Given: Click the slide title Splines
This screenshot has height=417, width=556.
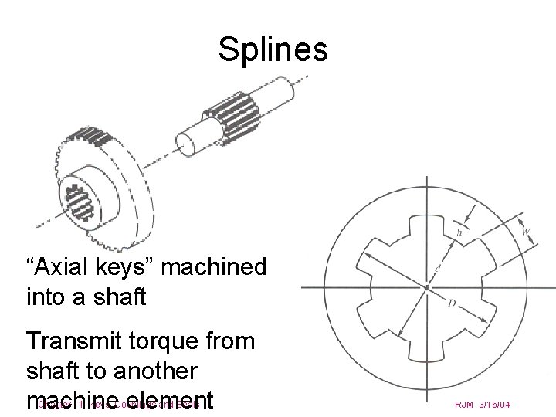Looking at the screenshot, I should coord(273,51).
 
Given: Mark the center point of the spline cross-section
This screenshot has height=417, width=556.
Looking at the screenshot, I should coord(425,288).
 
